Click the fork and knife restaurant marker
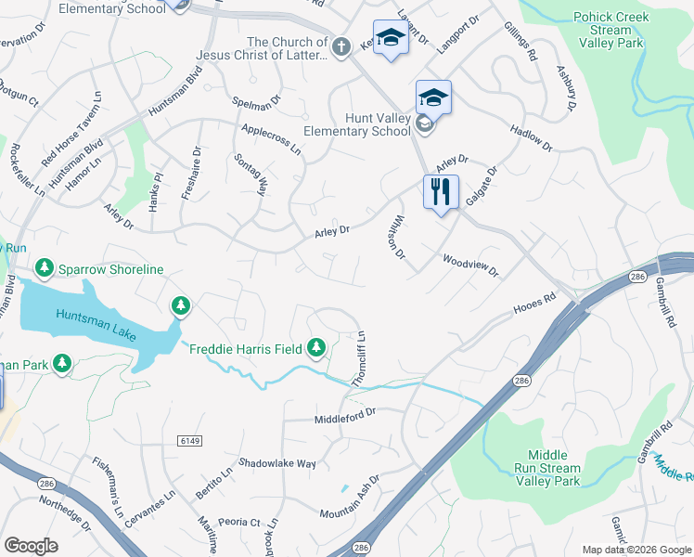point(441,192)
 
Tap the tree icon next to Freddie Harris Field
point(317,347)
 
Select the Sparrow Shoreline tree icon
point(44,268)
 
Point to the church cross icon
point(341,45)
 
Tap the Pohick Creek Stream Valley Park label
point(610,30)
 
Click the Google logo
point(31,546)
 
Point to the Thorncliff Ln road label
point(358,359)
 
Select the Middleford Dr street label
point(345,411)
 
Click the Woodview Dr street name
point(470,266)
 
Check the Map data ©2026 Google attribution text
point(636,549)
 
